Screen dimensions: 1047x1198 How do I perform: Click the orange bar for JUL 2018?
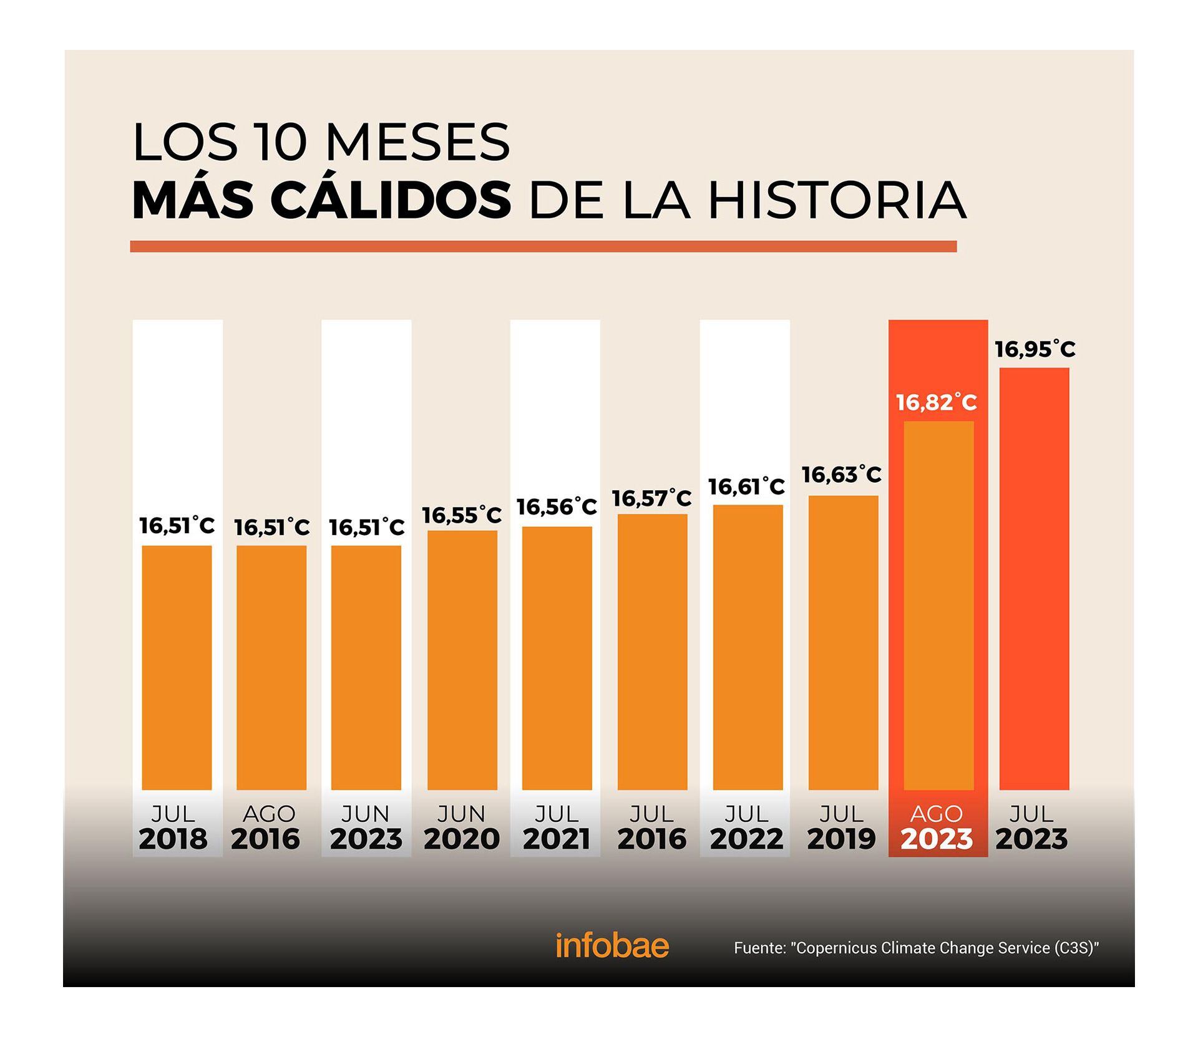pos(177,667)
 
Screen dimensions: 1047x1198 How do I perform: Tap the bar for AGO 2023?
pos(938,605)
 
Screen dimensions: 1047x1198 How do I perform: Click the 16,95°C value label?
pos(1035,349)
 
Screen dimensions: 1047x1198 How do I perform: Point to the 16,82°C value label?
pos(937,403)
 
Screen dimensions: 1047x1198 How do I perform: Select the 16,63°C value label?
pos(841,475)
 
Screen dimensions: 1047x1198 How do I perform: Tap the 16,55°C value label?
pos(462,515)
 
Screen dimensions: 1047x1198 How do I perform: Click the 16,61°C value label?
pos(746,486)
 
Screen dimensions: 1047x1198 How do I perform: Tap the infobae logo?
pos(611,946)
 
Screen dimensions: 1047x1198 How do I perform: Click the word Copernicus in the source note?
pos(835,948)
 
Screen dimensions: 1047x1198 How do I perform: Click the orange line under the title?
pos(543,246)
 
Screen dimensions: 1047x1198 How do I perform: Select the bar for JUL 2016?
pos(652,652)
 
